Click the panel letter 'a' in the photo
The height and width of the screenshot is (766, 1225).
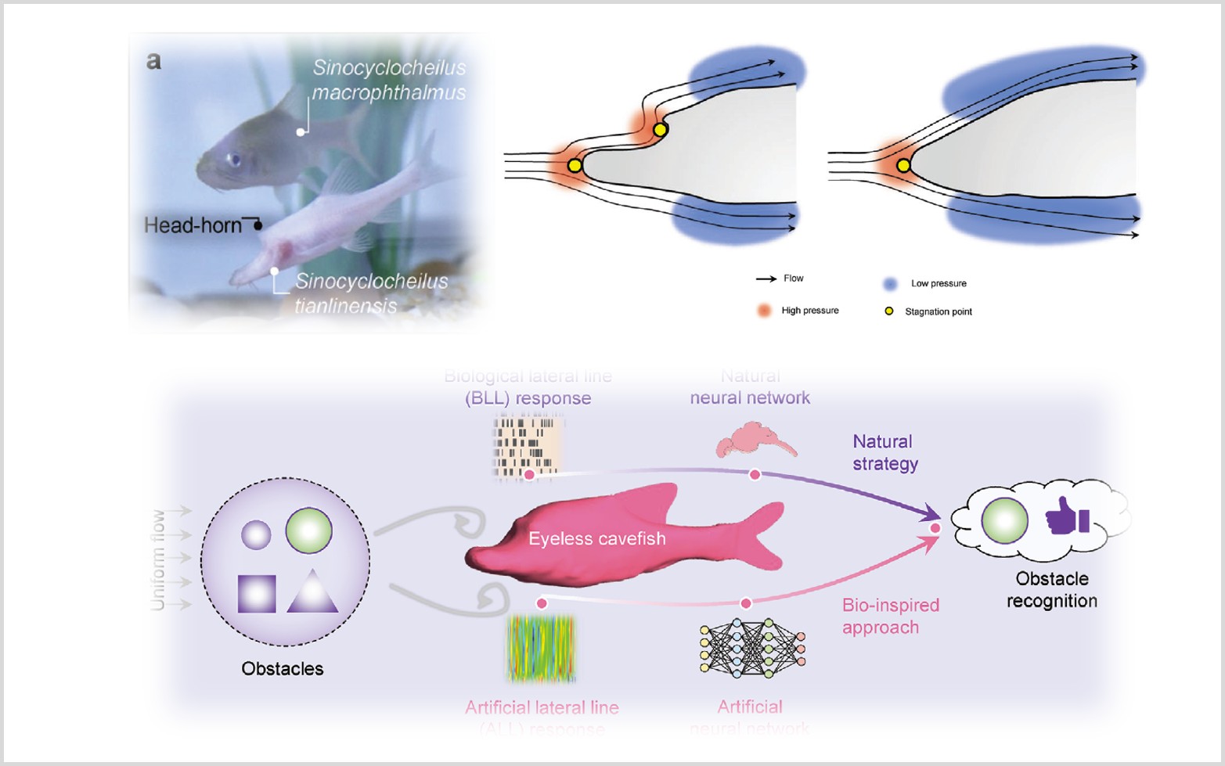click(x=153, y=62)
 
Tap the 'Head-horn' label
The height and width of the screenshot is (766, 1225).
click(x=193, y=225)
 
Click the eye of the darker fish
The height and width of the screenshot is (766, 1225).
click(x=233, y=160)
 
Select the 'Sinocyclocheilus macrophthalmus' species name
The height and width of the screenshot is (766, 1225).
click(x=389, y=80)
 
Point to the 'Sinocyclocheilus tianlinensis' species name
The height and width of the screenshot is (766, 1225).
click(x=370, y=293)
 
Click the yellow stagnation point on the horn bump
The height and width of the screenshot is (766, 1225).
click(x=660, y=129)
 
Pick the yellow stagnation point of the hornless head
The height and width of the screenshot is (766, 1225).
click(x=903, y=165)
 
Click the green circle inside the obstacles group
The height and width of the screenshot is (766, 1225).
click(x=309, y=530)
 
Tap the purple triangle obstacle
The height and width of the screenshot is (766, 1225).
click(x=312, y=593)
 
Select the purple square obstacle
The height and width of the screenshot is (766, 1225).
click(x=257, y=594)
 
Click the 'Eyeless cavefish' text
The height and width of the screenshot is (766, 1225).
click(x=597, y=538)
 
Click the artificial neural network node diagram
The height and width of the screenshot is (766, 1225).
click(x=752, y=647)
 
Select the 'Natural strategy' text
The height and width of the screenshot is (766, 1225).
click(x=885, y=452)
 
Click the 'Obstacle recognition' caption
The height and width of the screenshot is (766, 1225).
click(x=1051, y=590)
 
